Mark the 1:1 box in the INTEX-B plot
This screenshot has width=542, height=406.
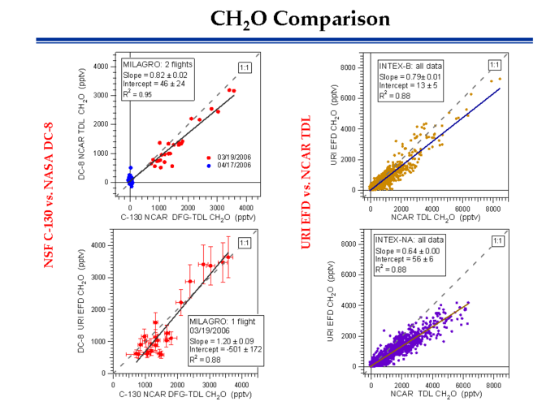click(494, 65)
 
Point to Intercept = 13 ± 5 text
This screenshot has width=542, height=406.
click(404, 84)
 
